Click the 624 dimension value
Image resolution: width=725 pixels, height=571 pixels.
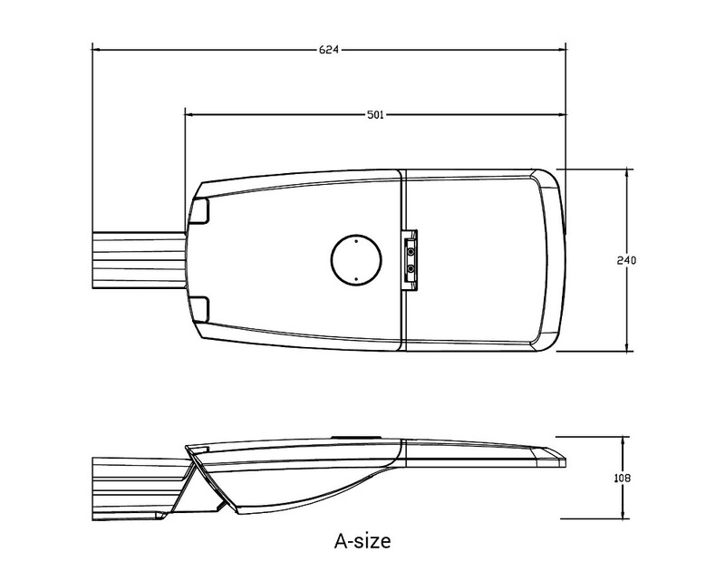pos(329,50)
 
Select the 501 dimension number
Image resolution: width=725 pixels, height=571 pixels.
pos(375,115)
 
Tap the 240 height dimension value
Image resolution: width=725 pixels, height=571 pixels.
pos(626,260)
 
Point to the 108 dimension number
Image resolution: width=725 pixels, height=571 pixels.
pos(623,478)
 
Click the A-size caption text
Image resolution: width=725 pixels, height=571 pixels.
pos(362,540)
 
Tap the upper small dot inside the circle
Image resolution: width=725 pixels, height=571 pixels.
pos(356,241)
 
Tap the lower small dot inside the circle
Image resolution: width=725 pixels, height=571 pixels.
pos(356,279)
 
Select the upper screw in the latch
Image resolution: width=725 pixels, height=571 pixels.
pos(411,252)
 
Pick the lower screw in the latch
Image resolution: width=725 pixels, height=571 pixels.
pos(411,268)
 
